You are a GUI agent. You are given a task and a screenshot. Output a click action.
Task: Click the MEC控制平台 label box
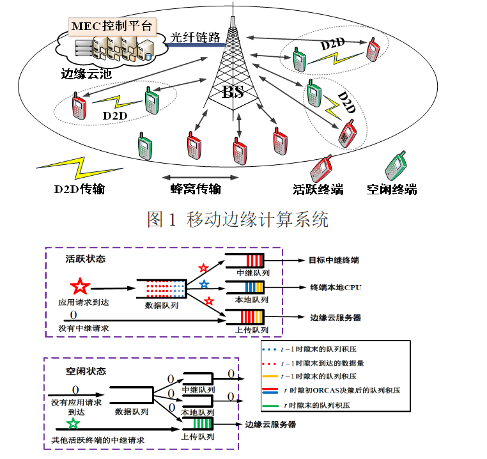coord(112,26)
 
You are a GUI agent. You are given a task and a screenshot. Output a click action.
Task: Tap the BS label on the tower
coord(233,93)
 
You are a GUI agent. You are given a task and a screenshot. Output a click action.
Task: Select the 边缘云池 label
coord(86,73)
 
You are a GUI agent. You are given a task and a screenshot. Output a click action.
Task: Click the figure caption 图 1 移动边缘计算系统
coord(238,220)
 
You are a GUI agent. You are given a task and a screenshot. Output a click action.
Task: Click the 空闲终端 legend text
coord(392,189)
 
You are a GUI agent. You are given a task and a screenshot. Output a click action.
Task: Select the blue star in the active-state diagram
coord(203,284)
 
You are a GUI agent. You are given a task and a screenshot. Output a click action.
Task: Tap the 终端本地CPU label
coord(336,288)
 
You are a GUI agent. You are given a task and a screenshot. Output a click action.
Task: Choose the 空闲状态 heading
coord(86,371)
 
